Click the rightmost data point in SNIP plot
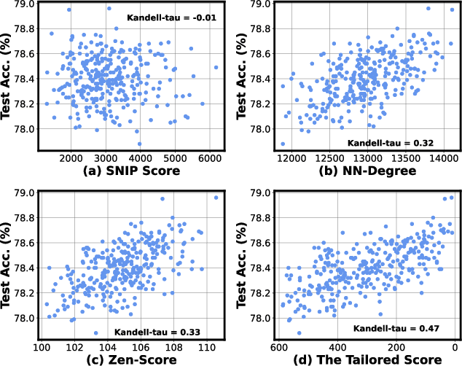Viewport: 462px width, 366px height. coord(216,67)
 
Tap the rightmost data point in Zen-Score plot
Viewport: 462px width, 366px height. coord(216,197)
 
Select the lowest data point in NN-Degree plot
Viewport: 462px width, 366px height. coord(283,144)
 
